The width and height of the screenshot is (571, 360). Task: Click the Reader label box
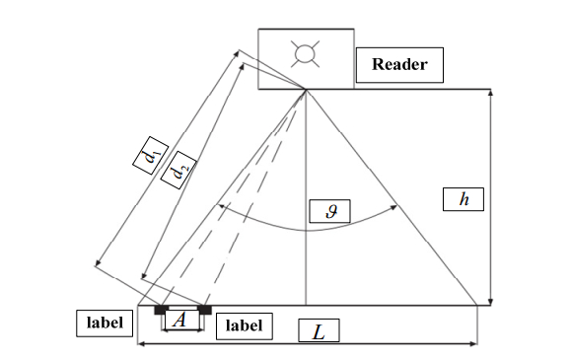coord(399,65)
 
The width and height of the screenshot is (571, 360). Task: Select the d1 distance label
coord(149,159)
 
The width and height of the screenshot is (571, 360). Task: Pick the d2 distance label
coord(178,174)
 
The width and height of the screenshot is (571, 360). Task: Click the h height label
coord(464,199)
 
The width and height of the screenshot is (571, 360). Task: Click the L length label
coord(318,331)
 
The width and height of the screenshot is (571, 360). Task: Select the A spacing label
coord(178,319)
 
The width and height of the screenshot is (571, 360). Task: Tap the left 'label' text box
coord(104,323)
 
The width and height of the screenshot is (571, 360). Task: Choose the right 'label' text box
coord(243,325)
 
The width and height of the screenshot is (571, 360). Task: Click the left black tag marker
coord(160,311)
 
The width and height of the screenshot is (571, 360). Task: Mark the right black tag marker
coord(204,311)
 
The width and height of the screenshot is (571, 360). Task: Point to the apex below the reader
coord(307,90)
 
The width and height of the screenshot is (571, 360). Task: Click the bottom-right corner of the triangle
coord(478,306)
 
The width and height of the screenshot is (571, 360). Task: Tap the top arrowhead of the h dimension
coord(491,93)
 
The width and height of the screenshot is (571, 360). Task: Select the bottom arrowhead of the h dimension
coord(491,303)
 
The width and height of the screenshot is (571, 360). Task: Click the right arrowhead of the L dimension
coord(475,343)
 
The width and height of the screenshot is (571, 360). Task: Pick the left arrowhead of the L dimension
coord(139,343)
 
